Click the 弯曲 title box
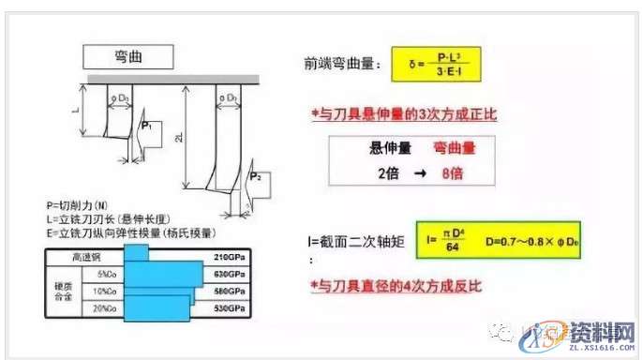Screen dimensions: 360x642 pyautogui.click(x=127, y=56)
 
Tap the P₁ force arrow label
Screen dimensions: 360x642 pyautogui.click(x=146, y=126)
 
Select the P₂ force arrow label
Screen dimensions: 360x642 pyautogui.click(x=254, y=177)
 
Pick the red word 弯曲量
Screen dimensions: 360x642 pyautogui.click(x=454, y=148)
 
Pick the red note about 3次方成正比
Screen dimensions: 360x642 pyautogui.click(x=404, y=112)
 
